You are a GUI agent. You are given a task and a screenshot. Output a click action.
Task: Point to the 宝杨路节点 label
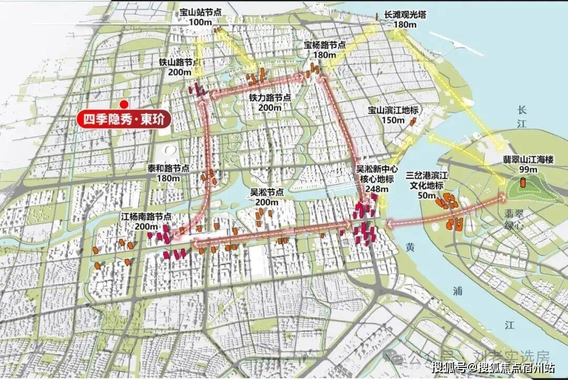click(x=324, y=46)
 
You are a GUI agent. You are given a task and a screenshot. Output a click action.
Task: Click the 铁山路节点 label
click(x=180, y=62)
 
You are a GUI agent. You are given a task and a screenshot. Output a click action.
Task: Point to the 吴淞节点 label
click(x=266, y=193)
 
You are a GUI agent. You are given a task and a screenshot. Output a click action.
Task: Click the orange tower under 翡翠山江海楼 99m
click(x=523, y=183)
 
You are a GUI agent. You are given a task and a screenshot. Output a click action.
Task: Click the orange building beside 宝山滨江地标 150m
click(x=413, y=122)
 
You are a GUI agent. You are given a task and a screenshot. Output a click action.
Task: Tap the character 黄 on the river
click(x=410, y=246)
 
